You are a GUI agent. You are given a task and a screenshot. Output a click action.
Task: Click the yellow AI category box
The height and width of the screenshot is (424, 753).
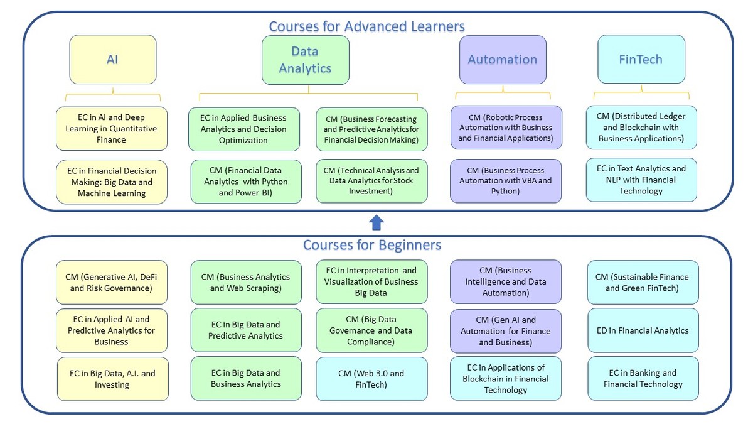[x=112, y=60]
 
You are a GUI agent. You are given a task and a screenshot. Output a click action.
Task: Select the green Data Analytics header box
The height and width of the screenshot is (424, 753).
[x=306, y=60]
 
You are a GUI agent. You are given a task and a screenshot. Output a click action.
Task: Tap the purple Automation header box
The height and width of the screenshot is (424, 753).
[x=503, y=60]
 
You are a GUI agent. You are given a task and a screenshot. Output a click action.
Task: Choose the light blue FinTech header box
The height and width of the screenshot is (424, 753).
[x=641, y=60]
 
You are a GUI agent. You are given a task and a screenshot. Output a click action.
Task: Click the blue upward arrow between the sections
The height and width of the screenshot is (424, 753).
[x=376, y=222]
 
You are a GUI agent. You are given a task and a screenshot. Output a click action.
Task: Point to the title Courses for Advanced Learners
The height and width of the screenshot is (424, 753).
[x=367, y=26]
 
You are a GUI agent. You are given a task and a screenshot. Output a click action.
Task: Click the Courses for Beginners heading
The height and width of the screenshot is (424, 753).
[x=372, y=244]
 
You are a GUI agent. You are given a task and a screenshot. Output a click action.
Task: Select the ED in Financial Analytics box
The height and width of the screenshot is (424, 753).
[x=643, y=330]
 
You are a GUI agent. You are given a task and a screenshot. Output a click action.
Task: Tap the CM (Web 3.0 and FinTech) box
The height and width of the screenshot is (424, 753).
[x=371, y=379]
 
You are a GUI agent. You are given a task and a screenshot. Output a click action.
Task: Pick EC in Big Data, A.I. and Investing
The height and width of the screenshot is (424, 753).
[x=112, y=379]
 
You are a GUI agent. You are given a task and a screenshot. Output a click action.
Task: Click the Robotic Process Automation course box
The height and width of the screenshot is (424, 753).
[x=505, y=128]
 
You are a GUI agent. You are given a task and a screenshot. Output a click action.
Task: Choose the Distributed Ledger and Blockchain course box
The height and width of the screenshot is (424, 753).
[x=641, y=128]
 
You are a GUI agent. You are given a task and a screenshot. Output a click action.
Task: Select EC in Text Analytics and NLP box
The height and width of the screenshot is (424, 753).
[x=641, y=180]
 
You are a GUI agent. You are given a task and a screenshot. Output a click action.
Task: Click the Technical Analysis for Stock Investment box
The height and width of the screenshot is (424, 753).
[x=371, y=181]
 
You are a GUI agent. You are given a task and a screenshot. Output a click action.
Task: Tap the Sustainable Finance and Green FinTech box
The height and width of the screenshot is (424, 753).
[x=642, y=283]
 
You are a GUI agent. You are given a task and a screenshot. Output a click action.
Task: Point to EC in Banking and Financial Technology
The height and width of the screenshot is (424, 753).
[x=643, y=378]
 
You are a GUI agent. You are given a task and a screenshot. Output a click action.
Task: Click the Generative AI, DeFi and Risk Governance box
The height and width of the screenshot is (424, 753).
[x=112, y=283]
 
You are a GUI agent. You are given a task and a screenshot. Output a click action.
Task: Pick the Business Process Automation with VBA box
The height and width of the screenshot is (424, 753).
[x=505, y=181]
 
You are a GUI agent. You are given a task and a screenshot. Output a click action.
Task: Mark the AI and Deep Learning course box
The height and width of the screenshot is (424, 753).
[x=112, y=129]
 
